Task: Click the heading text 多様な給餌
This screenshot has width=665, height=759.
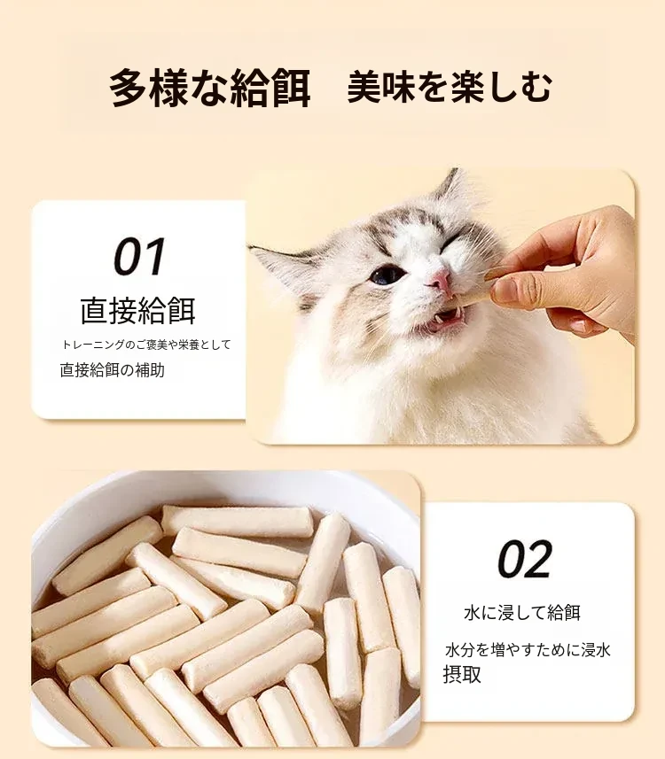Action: click(x=210, y=88)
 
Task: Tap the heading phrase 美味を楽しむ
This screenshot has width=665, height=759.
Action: click(x=450, y=87)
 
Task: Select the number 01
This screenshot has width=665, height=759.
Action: click(x=139, y=257)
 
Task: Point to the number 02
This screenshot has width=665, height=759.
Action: click(x=524, y=559)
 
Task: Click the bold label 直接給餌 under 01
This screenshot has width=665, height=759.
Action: click(x=138, y=311)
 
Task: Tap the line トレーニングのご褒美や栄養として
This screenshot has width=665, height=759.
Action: click(x=146, y=345)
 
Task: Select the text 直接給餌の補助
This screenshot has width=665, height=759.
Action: click(x=113, y=370)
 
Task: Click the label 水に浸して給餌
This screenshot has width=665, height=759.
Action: click(x=522, y=613)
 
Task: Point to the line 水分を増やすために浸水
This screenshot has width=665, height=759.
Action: click(x=528, y=650)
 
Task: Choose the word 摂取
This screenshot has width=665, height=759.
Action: click(x=462, y=674)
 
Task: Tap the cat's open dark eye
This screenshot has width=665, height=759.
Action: click(x=387, y=275)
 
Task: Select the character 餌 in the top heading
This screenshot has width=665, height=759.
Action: click(x=291, y=88)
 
